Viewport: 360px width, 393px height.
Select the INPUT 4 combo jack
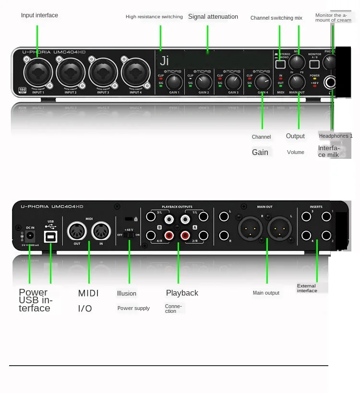tap(136, 73)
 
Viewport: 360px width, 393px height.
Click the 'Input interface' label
tap(39, 15)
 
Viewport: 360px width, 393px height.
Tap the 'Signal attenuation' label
tap(213, 17)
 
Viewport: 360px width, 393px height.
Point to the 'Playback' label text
tap(182, 293)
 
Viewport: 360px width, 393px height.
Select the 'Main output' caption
tap(266, 293)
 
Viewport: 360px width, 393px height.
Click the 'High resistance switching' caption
tap(154, 17)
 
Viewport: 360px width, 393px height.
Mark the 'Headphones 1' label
tap(336, 136)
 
